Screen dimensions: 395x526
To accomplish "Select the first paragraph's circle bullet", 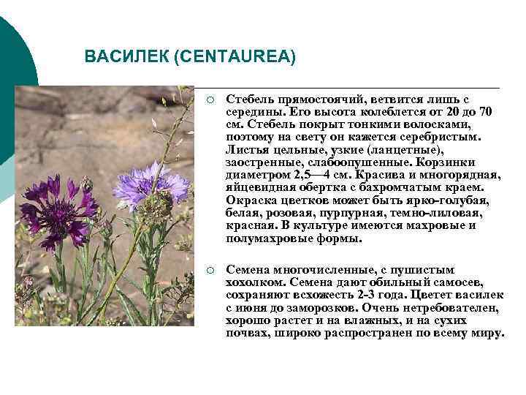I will click(x=210, y=99).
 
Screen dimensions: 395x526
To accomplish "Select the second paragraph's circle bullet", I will click(x=210, y=271).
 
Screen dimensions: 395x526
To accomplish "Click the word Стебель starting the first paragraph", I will click(x=249, y=99).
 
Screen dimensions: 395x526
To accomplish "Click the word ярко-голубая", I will click(x=452, y=200).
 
